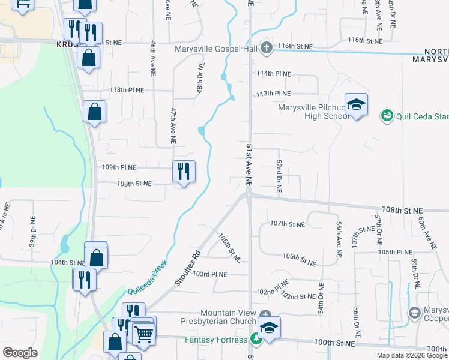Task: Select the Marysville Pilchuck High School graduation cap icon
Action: pos(356,104)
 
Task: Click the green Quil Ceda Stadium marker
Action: pos(387,115)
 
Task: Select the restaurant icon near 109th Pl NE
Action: pos(184,172)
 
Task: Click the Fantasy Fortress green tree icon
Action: pos(256,340)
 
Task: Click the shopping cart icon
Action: pos(143,334)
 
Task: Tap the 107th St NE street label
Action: pos(287,224)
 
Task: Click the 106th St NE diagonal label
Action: pos(229,248)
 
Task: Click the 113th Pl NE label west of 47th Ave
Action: pos(127,90)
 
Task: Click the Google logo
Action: pos(20,353)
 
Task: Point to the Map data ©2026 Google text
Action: pos(412,355)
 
